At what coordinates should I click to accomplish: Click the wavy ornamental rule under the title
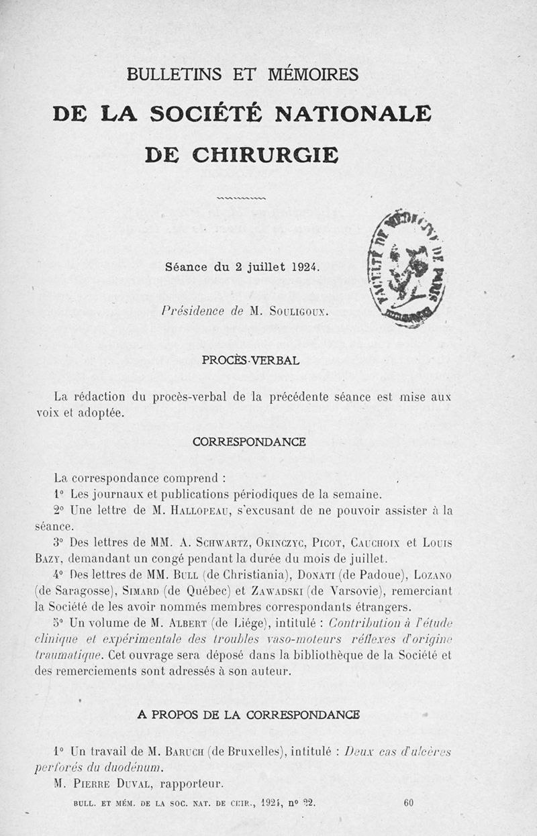[242, 198]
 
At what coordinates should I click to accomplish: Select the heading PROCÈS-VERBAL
[250, 360]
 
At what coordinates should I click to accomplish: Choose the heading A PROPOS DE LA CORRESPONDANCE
[248, 715]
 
